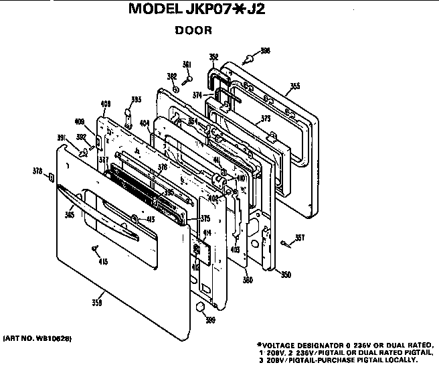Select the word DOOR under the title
(193, 30)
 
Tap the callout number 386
(265, 51)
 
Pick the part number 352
(213, 57)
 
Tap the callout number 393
(136, 100)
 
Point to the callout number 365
(70, 215)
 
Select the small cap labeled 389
(199, 307)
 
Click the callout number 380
(248, 280)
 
